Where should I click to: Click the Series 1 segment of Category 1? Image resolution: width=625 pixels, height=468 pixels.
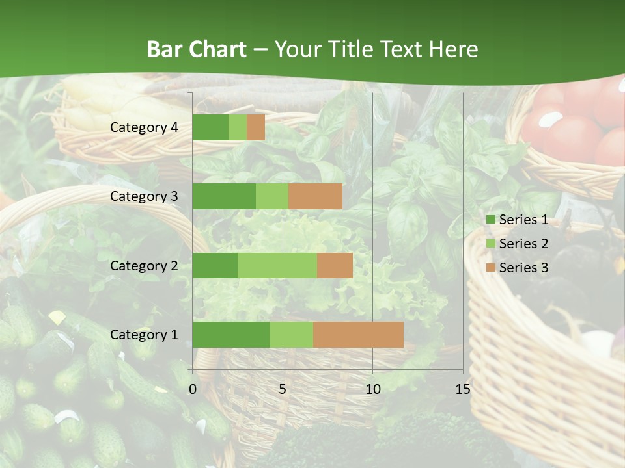(x=231, y=335)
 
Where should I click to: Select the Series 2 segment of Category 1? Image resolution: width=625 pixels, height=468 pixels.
(x=292, y=335)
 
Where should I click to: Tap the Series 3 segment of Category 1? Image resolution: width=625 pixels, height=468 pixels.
(x=358, y=335)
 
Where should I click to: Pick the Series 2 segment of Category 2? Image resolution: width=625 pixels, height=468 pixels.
(x=277, y=266)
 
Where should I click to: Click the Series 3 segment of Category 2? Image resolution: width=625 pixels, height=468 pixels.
(x=335, y=266)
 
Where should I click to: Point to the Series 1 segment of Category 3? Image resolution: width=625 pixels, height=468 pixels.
(x=224, y=196)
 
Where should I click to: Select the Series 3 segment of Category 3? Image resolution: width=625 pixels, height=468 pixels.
(x=315, y=196)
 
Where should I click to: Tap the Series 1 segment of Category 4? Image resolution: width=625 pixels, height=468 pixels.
(x=210, y=127)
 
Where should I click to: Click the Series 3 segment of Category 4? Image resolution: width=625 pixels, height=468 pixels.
(x=256, y=127)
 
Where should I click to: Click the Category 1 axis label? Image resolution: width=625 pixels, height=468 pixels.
(x=144, y=335)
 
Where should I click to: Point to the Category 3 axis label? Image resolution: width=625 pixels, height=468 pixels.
(x=144, y=196)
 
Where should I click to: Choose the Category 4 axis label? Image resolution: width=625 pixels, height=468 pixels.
(x=144, y=127)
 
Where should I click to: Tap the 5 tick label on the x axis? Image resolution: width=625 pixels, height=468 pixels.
(x=283, y=389)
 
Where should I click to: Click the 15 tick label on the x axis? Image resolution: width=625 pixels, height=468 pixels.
(x=462, y=389)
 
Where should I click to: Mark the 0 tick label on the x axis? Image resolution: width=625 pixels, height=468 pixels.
(x=193, y=389)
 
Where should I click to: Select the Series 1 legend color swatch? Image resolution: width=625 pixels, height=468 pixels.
(x=490, y=220)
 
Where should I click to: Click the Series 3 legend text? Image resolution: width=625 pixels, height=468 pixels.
(x=523, y=268)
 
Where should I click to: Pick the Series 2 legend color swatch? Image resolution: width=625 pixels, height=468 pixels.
(x=490, y=244)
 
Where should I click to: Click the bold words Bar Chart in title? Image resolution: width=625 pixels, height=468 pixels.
(x=197, y=49)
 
